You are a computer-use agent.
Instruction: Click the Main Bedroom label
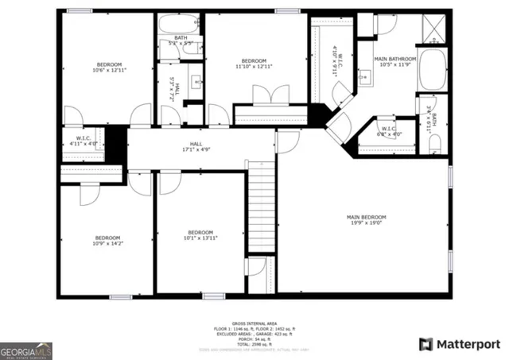[366, 220]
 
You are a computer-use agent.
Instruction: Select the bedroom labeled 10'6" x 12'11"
[109, 68]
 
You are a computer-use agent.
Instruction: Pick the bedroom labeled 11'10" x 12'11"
[254, 64]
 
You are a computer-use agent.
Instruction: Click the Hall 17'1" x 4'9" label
[195, 146]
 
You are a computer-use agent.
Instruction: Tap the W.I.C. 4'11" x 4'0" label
[83, 140]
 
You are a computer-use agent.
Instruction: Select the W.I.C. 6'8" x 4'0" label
[389, 131]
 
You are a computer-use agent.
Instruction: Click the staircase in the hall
[260, 207]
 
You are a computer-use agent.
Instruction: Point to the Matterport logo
[460, 344]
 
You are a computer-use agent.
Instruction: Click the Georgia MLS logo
[26, 350]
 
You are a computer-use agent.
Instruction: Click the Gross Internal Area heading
[254, 323]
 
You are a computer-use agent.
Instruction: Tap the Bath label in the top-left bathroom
[181, 39]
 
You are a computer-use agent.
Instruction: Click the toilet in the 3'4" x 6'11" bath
[435, 144]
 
